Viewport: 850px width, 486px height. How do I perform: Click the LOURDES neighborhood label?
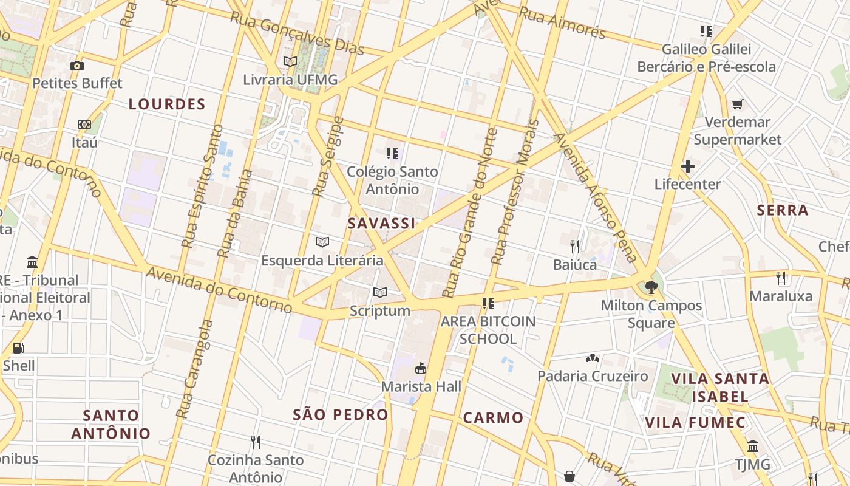click(167, 104)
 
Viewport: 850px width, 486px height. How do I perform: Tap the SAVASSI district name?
click(381, 223)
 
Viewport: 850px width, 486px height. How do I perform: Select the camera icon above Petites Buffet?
click(77, 66)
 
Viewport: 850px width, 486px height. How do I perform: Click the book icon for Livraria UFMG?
click(290, 62)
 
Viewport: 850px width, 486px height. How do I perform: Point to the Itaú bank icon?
click(84, 125)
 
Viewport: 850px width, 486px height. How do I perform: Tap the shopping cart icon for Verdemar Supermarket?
click(738, 104)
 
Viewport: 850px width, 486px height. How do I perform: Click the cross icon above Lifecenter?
click(687, 166)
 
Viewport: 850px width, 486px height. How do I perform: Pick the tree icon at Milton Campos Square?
click(651, 287)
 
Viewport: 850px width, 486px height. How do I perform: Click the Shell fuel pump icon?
click(19, 348)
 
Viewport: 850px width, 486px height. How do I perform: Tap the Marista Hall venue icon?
click(420, 368)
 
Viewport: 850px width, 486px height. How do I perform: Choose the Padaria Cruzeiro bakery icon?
click(593, 359)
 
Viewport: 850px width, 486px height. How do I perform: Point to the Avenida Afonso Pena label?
click(596, 197)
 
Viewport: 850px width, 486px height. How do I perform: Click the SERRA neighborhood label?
click(783, 210)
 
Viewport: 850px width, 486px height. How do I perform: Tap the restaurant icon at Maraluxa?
click(781, 278)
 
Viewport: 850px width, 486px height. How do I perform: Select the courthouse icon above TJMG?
click(753, 447)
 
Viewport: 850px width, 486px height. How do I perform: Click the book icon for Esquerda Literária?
click(322, 242)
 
